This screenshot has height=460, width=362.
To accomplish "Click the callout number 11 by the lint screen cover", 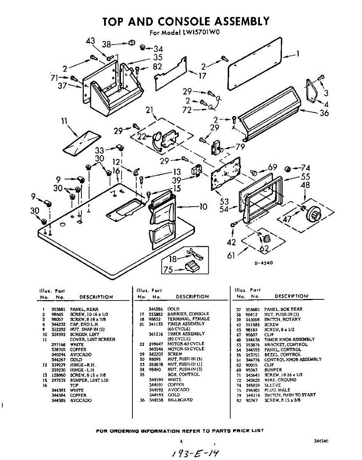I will [x=64, y=122].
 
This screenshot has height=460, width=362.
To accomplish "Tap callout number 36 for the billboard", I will [x=324, y=113].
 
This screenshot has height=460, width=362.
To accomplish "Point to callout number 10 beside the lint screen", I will [x=203, y=207].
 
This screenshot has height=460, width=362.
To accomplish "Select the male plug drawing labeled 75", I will [x=191, y=267].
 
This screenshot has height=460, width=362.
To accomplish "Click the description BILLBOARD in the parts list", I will [x=180, y=400].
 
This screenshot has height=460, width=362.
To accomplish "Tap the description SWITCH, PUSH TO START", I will [x=290, y=395].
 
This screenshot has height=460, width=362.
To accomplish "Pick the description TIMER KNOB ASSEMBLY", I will [x=289, y=339].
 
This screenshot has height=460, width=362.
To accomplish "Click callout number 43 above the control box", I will [x=91, y=41].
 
